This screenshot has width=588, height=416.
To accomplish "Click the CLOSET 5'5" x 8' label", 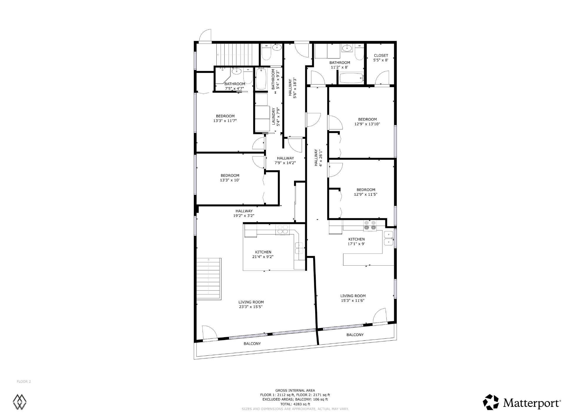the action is click(381, 58).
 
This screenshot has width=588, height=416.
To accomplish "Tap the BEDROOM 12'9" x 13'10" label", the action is click(367, 122).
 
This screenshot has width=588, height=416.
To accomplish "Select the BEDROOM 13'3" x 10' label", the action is click(230, 178).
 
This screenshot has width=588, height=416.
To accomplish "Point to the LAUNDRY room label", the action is click(276, 116).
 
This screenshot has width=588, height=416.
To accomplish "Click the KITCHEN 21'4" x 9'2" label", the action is click(263, 254).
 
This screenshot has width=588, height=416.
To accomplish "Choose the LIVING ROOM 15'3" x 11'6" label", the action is click(353, 298).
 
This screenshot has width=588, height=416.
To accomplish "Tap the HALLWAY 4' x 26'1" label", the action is click(318, 158).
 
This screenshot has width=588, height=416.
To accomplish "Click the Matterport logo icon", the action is click(491, 402).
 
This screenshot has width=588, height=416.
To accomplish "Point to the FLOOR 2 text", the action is click(24, 382).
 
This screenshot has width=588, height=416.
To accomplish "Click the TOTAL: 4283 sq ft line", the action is click(295, 404).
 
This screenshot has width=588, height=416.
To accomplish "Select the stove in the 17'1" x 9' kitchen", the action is click(370, 225).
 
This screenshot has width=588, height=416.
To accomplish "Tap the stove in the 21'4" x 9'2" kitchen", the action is click(282, 230).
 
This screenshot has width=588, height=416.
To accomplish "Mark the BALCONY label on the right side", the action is click(355, 335).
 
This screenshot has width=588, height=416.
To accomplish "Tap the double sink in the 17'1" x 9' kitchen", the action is click(388, 238).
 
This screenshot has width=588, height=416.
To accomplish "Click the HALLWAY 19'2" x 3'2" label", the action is click(244, 213).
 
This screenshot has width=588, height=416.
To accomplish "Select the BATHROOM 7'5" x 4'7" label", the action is click(235, 86).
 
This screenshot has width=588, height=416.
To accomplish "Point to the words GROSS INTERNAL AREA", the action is click(295, 390).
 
